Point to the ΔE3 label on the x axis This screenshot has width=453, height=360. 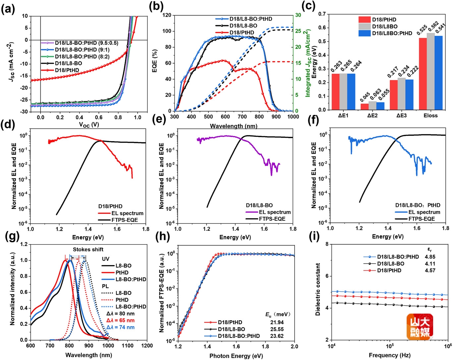[x=401, y=116]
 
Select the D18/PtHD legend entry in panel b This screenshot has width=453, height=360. [x=242, y=32]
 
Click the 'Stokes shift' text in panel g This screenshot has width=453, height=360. [x=88, y=250]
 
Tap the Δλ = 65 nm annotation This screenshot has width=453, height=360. [x=120, y=321]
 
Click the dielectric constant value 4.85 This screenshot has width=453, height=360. [x=430, y=257]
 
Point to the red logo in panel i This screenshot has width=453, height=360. [x=420, y=327]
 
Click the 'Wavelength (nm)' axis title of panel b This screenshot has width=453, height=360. [x=233, y=126]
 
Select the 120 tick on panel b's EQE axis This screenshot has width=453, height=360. [x=167, y=15]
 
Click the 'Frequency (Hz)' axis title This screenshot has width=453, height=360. [x=389, y=355]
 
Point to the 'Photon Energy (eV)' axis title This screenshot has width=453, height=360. [x=236, y=356]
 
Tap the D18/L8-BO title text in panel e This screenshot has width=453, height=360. [x=259, y=206]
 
